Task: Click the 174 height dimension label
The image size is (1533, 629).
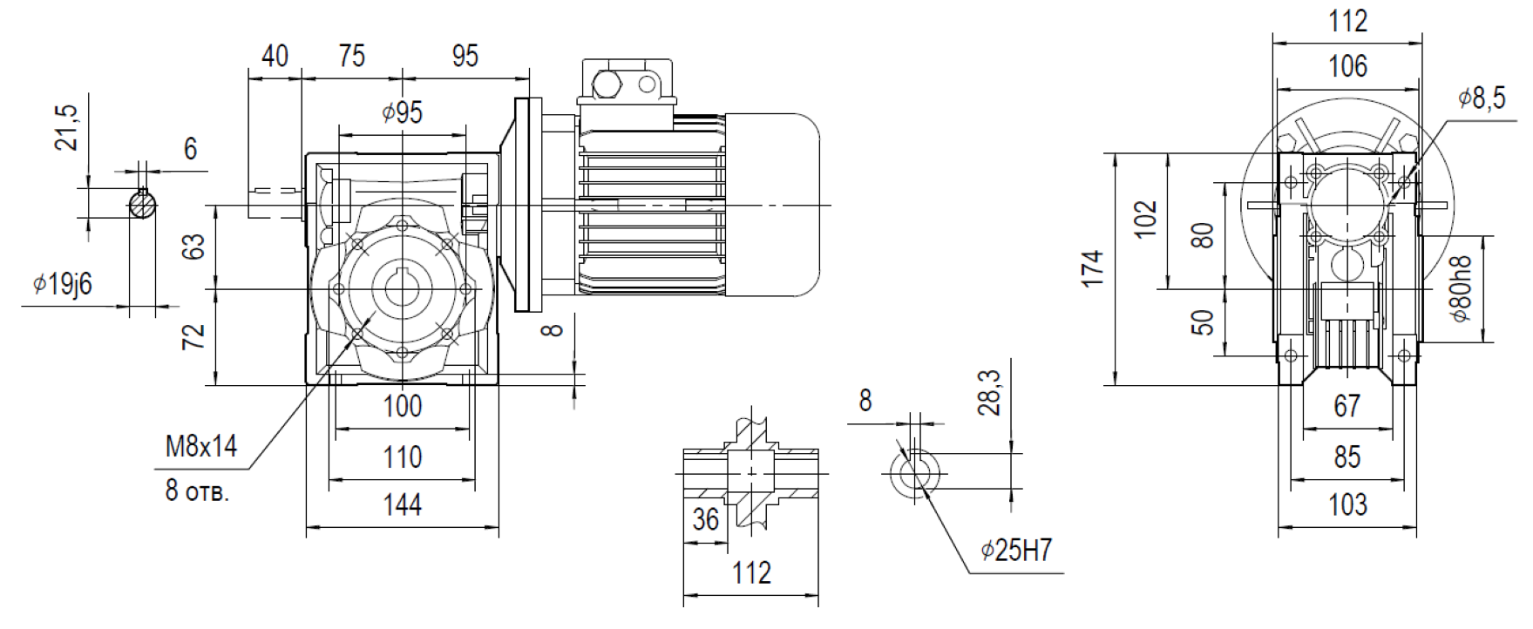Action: point(1092,268)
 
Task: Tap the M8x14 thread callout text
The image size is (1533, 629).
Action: point(201,446)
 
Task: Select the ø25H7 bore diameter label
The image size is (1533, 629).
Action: point(1016,550)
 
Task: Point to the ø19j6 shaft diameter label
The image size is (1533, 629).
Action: point(62,283)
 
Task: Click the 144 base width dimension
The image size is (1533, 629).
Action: point(402,504)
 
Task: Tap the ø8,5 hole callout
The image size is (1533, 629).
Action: point(1482,98)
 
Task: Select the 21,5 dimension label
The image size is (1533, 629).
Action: point(67,127)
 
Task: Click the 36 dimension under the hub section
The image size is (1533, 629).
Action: point(705,519)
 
